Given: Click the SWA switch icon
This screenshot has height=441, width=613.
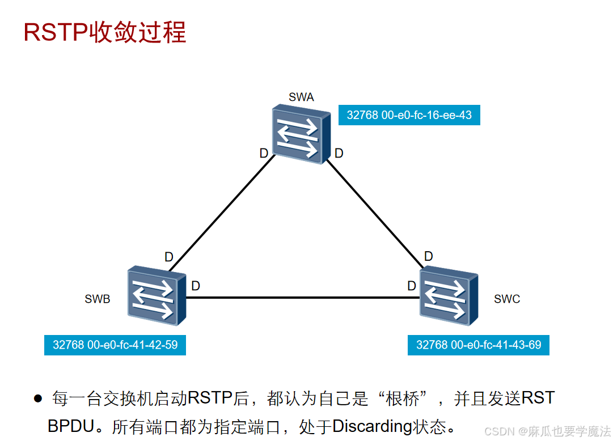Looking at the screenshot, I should coord(301,134).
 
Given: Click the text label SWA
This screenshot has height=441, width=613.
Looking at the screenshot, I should coord(301,97).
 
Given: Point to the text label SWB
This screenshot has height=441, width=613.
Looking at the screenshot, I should coord(97,299).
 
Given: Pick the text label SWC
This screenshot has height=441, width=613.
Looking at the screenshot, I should coord(506,299).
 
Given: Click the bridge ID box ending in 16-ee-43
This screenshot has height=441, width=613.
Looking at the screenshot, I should coord(409,115).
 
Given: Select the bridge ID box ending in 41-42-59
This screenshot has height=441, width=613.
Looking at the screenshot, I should coord(115,345).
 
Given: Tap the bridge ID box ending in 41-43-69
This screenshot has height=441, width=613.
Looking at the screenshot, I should coord(478,345).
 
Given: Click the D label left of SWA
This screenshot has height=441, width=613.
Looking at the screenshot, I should coord(264,153).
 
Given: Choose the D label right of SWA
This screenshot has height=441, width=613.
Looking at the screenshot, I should coord(339,153).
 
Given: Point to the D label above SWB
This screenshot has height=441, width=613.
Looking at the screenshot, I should coord(168,257).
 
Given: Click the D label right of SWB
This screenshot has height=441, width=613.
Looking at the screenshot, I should coord(196,286).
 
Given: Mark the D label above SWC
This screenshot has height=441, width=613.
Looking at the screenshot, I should coord(428,257).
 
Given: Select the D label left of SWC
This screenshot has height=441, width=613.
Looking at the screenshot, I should coord(412,286).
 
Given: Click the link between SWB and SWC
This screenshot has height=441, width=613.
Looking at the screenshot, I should coord(301,297).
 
